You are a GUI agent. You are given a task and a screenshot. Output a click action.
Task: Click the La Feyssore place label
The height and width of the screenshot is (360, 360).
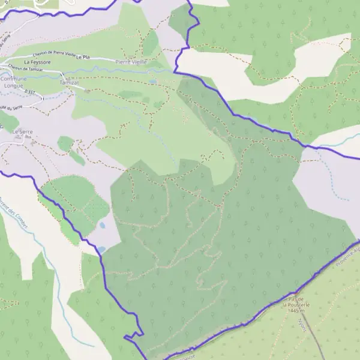37,62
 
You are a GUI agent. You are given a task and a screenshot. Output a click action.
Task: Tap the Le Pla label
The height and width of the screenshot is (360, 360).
82,56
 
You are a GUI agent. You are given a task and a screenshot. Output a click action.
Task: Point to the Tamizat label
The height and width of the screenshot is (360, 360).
70,82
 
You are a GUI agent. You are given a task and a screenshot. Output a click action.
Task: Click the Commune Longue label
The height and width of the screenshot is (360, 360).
13,82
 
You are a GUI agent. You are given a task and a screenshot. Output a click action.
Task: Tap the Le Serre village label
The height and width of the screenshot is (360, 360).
22,131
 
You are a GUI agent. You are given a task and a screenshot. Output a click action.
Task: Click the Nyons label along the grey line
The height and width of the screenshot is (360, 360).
302,324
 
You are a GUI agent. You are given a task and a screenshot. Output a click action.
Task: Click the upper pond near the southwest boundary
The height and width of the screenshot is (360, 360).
103,226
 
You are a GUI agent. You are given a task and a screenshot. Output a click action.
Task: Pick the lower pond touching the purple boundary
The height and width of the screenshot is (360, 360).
101,248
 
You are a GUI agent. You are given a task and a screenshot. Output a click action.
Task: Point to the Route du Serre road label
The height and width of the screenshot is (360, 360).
7,107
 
